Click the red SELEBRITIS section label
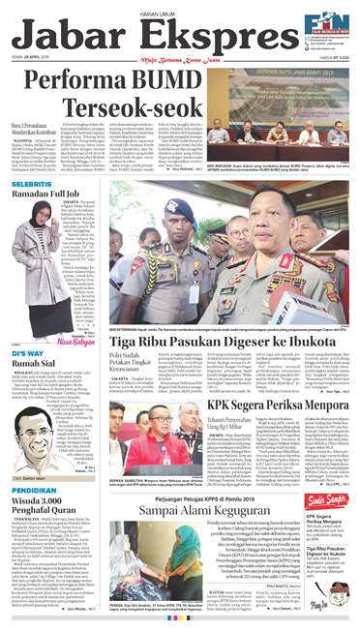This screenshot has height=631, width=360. [32, 182]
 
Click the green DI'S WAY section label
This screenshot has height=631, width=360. [27, 327]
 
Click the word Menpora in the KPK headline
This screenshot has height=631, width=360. [312, 403]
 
